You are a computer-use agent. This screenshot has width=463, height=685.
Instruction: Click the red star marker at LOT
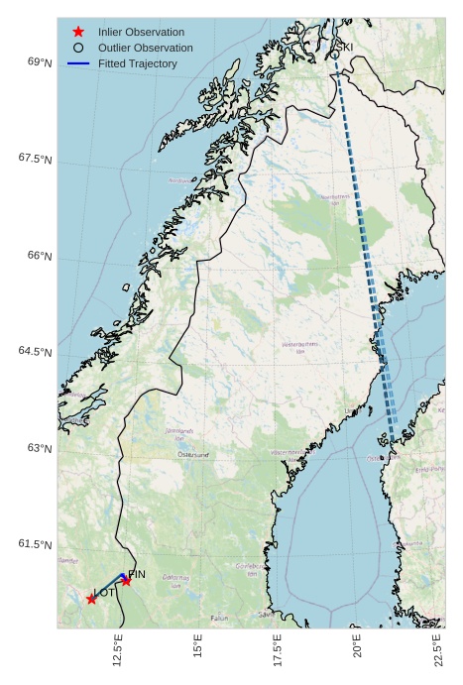pos(91,599)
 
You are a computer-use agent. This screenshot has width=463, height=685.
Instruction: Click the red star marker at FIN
pos(126,581)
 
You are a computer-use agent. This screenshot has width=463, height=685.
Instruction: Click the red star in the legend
pos(78,32)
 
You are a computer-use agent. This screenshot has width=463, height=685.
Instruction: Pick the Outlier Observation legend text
pos(145,48)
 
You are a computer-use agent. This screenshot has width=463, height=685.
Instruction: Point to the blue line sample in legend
pos(78,63)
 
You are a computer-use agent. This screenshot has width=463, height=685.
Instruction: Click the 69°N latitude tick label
pos(39,62)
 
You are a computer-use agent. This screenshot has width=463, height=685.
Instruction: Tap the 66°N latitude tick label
pos(39,256)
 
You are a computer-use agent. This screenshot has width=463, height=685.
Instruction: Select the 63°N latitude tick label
pos(39,448)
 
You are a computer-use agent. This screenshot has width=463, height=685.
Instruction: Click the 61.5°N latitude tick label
pos(36,544)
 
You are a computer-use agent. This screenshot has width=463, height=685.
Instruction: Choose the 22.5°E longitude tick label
pos(437,650)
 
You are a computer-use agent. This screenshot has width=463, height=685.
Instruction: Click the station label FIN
pos(137,574)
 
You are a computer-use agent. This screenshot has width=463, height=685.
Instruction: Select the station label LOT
pos(104,593)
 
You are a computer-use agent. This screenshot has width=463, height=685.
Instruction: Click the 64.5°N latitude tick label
pos(36,352)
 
